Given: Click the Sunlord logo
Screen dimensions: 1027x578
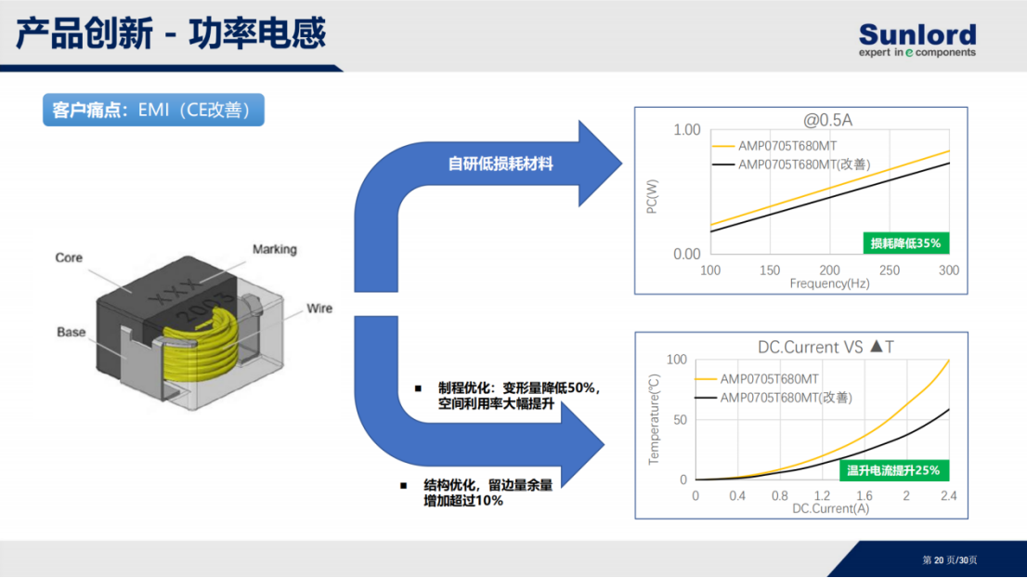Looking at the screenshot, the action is [917, 40].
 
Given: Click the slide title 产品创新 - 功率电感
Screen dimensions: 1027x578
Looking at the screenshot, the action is [170, 33].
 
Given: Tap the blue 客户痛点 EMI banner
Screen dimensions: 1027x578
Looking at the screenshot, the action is [153, 110].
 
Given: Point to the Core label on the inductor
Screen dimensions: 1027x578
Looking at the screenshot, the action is [69, 257].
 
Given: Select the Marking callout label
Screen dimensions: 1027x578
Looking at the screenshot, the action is [275, 249].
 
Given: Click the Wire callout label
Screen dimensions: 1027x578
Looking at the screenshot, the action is [319, 308].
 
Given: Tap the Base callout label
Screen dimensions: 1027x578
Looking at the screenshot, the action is [71, 332].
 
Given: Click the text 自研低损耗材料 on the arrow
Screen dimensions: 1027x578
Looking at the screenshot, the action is [500, 164].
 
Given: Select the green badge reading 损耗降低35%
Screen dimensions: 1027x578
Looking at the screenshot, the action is [906, 243].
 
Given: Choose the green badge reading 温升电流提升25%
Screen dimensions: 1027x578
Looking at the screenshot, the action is [893, 470].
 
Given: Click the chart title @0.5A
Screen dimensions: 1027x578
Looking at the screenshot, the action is [828, 120].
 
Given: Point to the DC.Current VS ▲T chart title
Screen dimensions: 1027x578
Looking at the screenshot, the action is [825, 347].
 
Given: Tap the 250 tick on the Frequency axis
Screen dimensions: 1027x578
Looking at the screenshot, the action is [889, 270].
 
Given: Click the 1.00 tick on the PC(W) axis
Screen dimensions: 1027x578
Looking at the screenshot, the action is [686, 130].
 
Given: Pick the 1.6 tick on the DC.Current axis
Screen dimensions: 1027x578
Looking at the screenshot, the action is [864, 495].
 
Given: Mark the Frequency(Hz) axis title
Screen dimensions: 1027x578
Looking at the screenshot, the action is [829, 283].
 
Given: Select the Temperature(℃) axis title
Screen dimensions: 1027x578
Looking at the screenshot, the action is [654, 419].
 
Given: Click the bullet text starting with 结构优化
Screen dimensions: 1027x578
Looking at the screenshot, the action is [487, 493].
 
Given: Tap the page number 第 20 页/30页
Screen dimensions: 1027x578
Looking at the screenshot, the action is [949, 559].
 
